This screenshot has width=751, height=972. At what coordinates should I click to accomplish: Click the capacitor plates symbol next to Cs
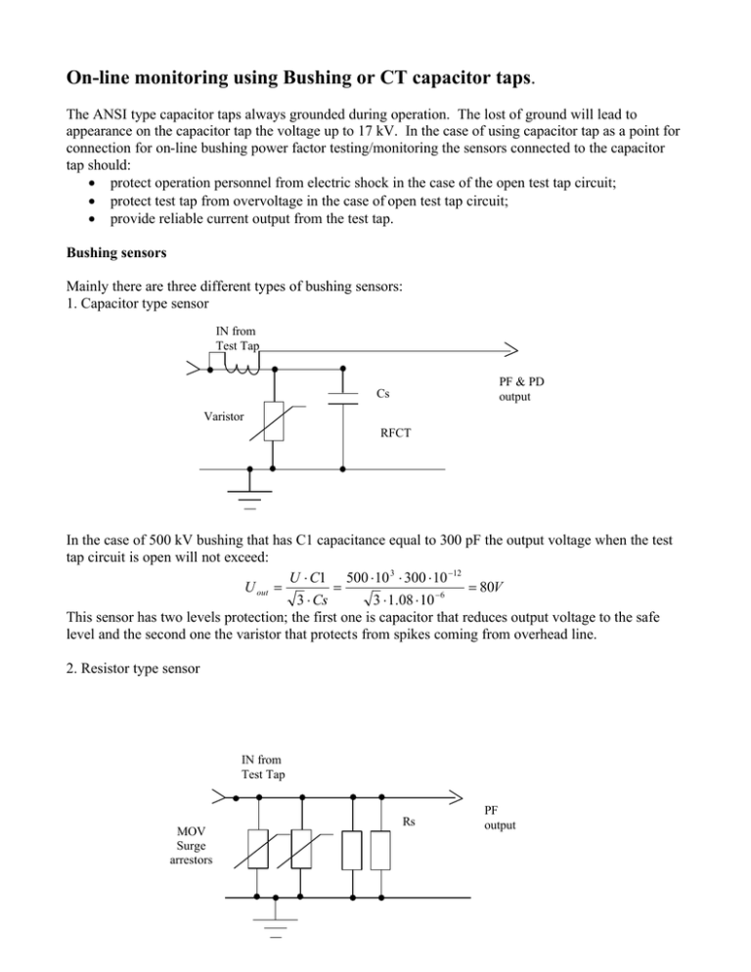[x=343, y=397]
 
